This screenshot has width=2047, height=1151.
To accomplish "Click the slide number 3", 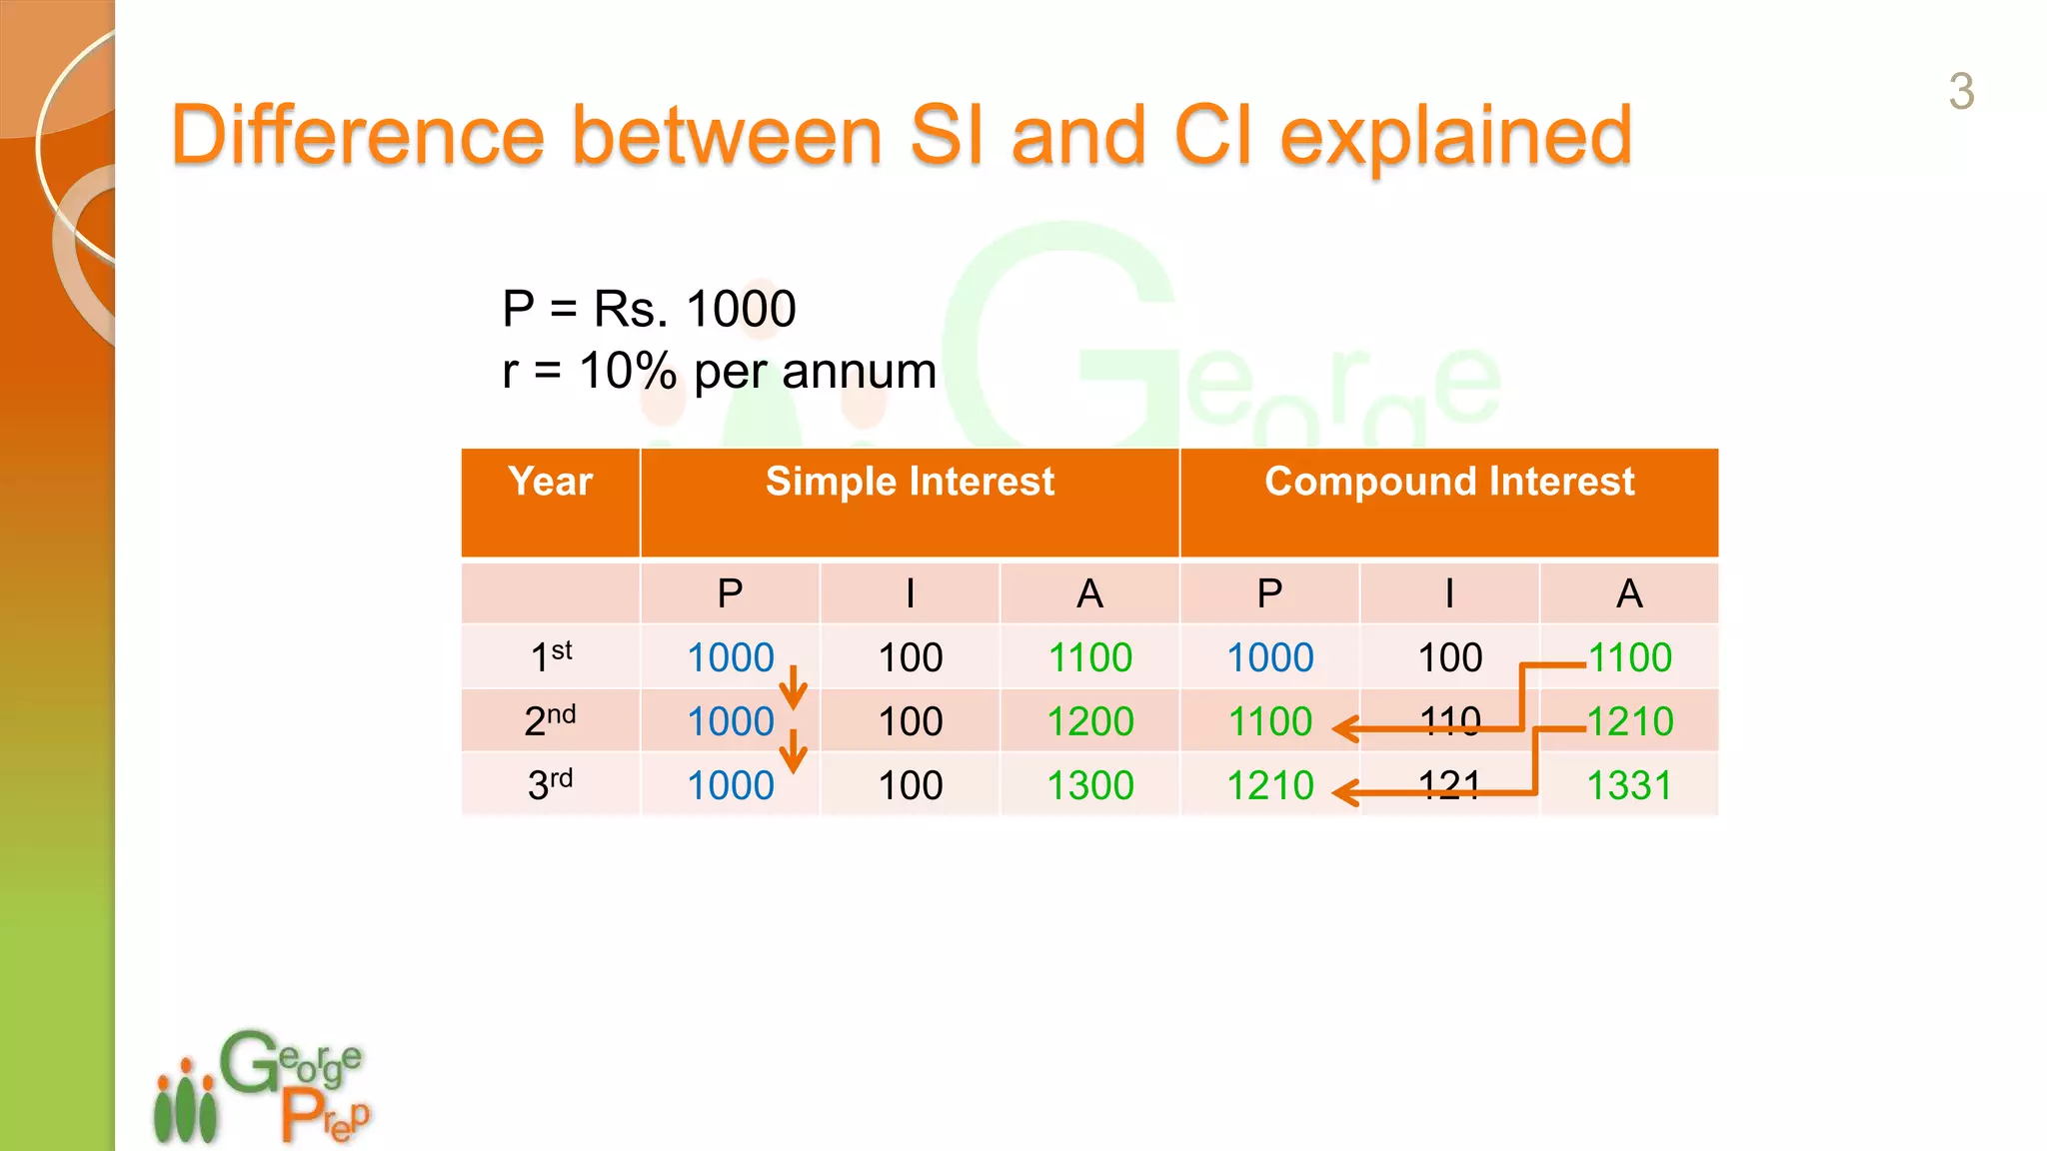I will click(x=1961, y=92).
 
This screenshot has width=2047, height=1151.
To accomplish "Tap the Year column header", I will click(x=550, y=482).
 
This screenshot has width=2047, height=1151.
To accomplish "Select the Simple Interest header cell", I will click(x=910, y=482).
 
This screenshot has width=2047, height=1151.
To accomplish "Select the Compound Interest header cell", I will click(x=1449, y=482).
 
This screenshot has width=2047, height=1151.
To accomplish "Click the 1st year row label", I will click(x=550, y=656).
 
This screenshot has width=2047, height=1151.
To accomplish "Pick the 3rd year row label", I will click(x=550, y=784).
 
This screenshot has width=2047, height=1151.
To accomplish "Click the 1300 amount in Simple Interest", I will click(x=1089, y=785).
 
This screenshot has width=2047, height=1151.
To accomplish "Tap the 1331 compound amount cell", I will click(x=1629, y=785).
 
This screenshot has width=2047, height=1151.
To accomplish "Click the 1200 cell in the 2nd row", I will click(x=1089, y=721).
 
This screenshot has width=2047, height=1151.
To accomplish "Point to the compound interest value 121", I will click(x=1449, y=785).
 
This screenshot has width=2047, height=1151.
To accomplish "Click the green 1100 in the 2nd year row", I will click(x=1269, y=721).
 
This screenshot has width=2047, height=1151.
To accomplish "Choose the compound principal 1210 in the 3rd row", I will click(x=1269, y=785).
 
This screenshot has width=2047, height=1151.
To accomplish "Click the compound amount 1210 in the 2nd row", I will click(x=1630, y=721).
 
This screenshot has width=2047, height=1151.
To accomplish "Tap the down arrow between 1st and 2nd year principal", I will click(x=793, y=688).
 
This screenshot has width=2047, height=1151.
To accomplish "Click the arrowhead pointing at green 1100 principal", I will click(x=1344, y=729).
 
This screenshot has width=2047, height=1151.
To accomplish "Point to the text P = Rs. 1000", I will click(x=649, y=308).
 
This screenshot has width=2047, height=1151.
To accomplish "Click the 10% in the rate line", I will click(x=628, y=372).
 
